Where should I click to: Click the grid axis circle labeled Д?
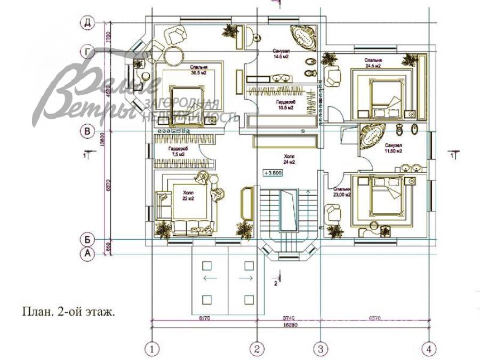tap(86, 22)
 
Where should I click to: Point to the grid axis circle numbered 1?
tap(153, 349)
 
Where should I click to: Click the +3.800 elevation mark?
tap(273, 173)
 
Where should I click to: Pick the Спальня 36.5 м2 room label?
tap(198, 70)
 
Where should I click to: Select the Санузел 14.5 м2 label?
tap(281, 53)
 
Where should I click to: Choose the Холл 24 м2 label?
tap(290, 159)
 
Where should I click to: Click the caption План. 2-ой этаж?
tap(68, 311)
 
